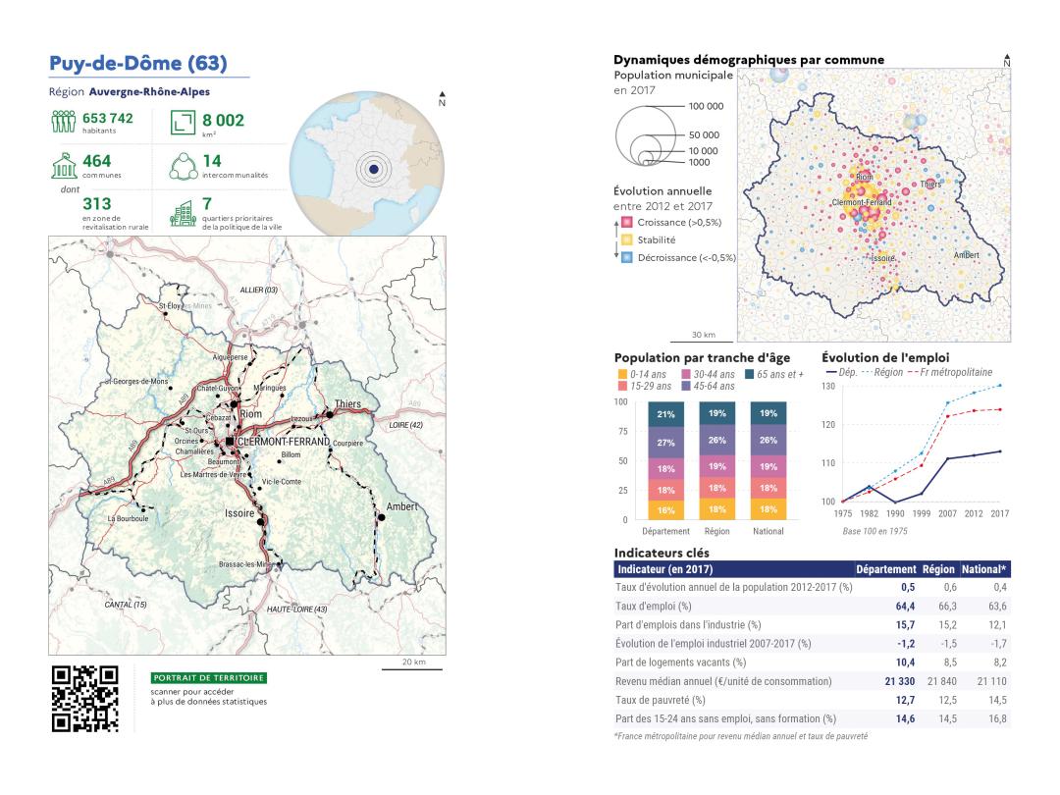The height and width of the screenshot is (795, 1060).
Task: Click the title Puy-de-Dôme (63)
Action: [138, 65]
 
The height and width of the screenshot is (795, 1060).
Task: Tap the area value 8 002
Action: [224, 121]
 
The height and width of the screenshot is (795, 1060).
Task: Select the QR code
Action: [84, 700]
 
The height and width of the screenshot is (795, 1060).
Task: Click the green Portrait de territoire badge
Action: [208, 678]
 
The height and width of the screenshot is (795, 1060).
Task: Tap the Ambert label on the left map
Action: [402, 506]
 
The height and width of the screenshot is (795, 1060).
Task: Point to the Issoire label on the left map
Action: [238, 513]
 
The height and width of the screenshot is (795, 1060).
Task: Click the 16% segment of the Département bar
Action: [666, 510]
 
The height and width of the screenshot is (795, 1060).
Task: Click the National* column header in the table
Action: [989, 569]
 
